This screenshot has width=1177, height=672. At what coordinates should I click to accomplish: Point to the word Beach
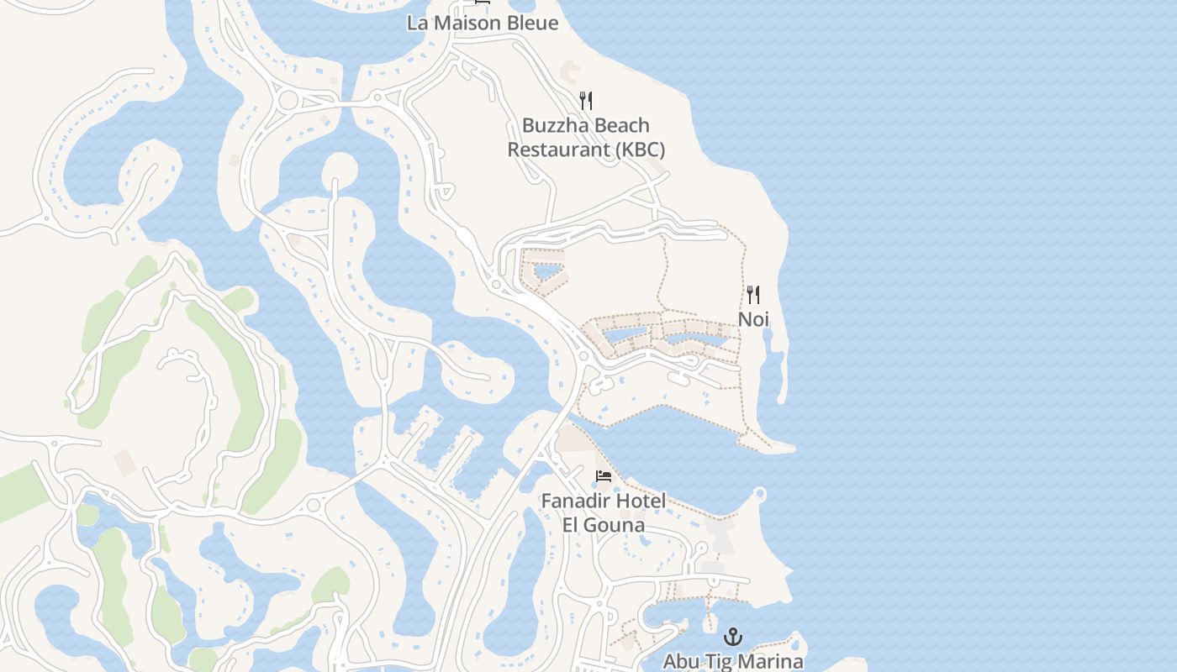click(622, 125)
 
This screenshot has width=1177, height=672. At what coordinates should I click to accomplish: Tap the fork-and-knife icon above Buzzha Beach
click(586, 101)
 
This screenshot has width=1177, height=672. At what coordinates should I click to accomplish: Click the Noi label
click(753, 319)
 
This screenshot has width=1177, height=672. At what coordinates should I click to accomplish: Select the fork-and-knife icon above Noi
click(753, 295)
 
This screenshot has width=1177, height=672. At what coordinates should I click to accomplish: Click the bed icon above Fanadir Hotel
click(604, 476)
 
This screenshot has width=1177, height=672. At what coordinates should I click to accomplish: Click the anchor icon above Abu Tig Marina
click(733, 636)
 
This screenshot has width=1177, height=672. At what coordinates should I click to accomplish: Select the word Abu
click(681, 661)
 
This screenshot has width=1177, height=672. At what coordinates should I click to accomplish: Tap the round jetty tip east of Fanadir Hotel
click(760, 494)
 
